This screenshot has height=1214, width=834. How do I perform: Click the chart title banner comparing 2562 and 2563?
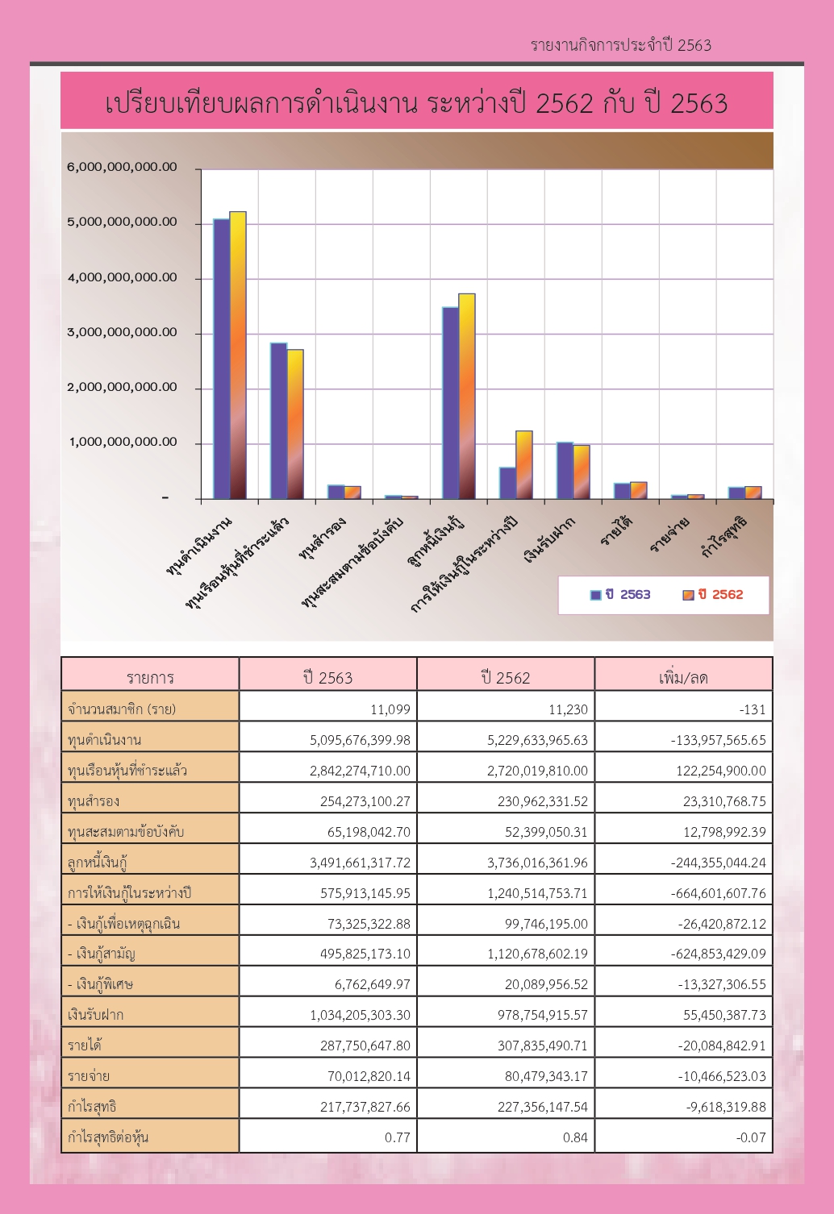416,101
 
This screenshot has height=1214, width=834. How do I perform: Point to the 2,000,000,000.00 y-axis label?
122,388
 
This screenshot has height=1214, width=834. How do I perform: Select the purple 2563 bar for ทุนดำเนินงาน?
221,359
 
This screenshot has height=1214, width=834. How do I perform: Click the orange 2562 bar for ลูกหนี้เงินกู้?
467,396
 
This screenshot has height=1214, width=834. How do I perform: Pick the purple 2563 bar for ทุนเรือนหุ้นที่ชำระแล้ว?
279,421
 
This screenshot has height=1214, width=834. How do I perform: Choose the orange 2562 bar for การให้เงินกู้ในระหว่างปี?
523,464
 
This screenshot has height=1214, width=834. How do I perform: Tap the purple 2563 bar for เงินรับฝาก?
565,471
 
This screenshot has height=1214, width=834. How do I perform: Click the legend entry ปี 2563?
620,595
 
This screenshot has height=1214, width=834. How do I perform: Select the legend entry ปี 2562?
712,595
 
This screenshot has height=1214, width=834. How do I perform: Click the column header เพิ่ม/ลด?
683,677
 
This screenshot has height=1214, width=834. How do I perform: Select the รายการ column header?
150,677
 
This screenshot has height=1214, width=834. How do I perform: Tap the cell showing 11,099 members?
390,709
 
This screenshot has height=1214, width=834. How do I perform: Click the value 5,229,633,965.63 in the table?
537,740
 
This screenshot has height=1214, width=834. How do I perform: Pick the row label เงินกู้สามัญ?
102,954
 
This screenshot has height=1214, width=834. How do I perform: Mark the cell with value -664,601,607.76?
719,893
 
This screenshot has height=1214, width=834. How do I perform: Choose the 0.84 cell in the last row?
575,1137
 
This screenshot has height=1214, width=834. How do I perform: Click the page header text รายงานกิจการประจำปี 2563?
621,45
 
